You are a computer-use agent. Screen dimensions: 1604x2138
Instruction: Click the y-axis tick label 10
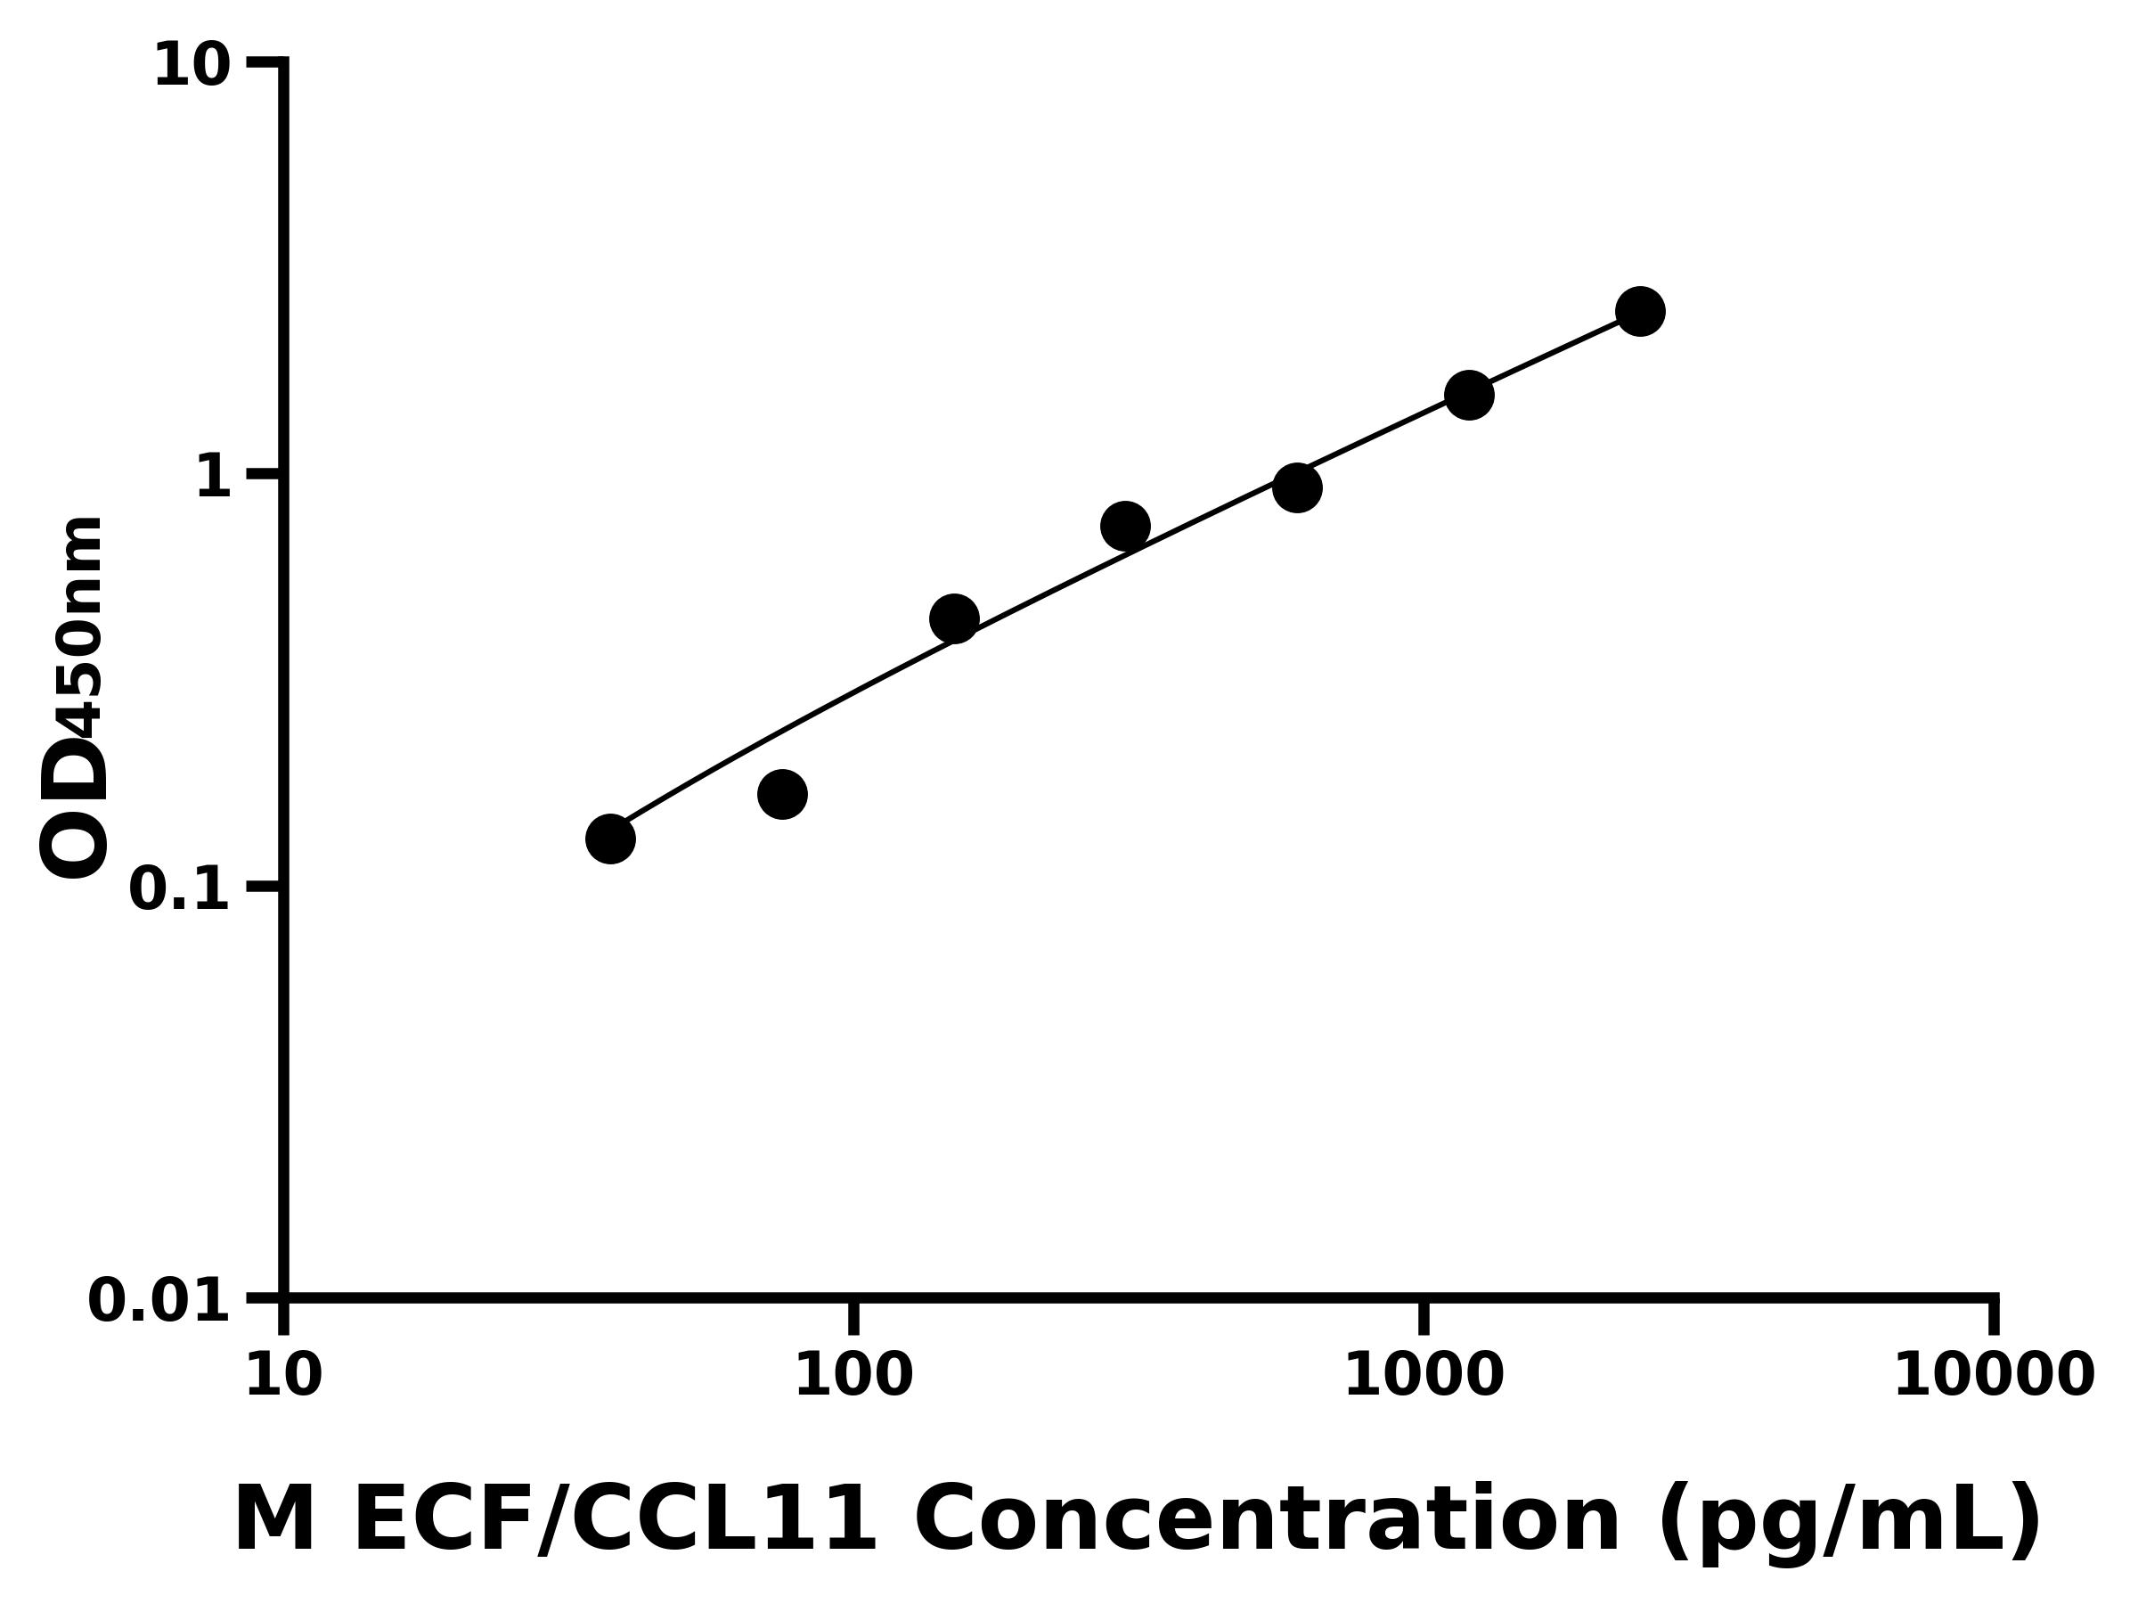tap(192, 67)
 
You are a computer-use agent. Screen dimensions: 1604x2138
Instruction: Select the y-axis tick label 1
tap(214, 478)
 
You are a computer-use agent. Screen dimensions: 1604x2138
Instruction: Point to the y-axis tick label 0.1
tap(180, 889)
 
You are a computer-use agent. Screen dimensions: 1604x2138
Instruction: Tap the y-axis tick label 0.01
tap(159, 1301)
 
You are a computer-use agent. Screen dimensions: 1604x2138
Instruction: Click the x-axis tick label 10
tap(283, 1376)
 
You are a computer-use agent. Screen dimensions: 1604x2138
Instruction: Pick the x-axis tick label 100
tap(853, 1376)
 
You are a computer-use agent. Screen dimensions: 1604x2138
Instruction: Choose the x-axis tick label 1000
tap(1424, 1376)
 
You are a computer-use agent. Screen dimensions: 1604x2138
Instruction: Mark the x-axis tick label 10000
tap(1994, 1376)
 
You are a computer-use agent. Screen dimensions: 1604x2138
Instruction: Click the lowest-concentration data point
tap(610, 839)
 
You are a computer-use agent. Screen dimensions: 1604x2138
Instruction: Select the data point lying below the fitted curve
tap(782, 794)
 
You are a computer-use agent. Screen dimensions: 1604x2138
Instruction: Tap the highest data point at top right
tap(1640, 310)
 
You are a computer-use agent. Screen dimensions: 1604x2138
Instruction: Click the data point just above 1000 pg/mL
tap(1469, 395)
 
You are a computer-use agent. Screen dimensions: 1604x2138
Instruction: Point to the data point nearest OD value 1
tap(1297, 487)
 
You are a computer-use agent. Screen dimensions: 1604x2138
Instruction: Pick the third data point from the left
tap(954, 618)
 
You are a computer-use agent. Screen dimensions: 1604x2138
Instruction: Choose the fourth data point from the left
tap(1125, 526)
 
